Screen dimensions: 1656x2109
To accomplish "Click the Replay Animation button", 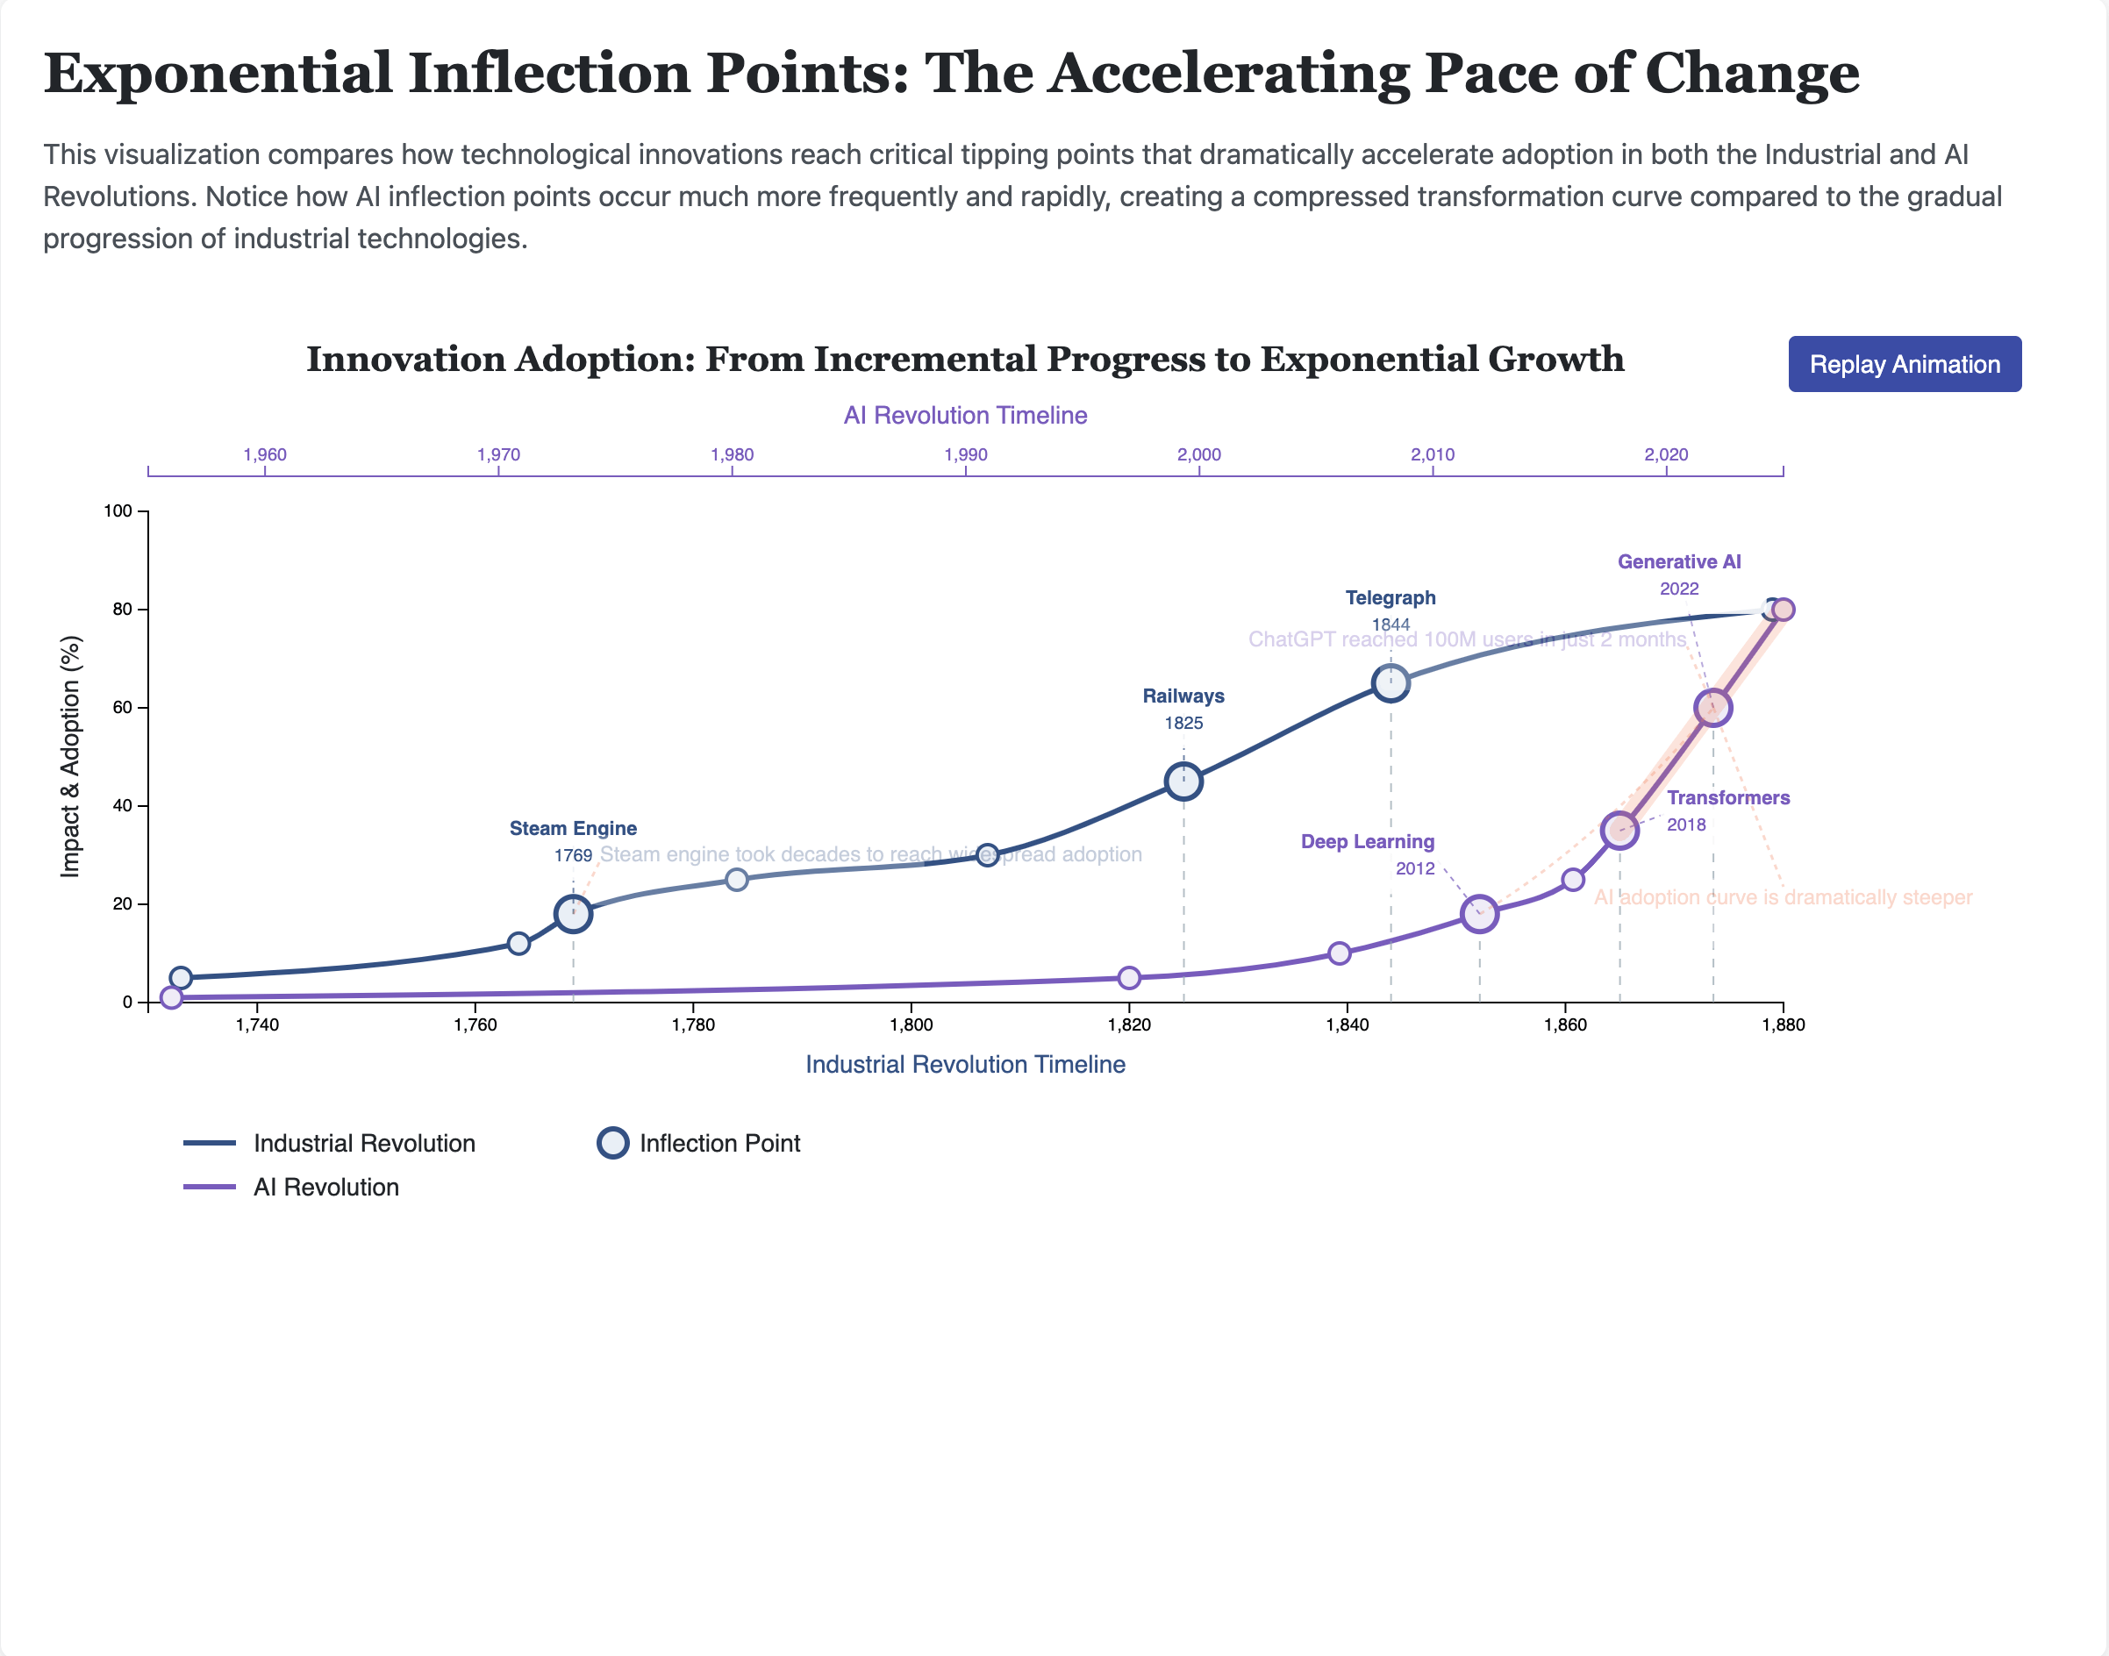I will pos(1904,365).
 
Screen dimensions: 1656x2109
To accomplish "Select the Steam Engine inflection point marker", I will pos(573,913).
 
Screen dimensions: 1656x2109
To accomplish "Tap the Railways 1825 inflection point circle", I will pos(1183,781).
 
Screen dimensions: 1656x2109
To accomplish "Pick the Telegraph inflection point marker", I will pos(1391,682).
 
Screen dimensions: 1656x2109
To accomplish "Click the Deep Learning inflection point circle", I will pos(1479,913).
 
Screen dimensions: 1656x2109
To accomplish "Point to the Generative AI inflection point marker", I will pos(1712,708).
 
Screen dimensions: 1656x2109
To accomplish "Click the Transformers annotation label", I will pos(1728,798).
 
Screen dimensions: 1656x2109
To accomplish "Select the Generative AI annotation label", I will pos(1678,561).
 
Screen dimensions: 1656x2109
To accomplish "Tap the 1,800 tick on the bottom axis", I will pos(911,1024).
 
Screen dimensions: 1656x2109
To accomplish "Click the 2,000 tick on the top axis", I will pos(1198,454).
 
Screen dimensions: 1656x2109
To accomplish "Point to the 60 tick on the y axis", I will pos(122,708).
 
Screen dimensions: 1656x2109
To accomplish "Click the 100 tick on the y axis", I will pos(118,511).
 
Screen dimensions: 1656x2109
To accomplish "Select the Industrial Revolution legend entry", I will pos(363,1143).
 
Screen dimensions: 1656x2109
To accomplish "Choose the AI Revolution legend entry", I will pos(325,1187).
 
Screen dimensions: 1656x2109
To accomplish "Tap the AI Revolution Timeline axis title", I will pos(965,415).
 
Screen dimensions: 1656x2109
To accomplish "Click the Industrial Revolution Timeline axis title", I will pos(965,1065).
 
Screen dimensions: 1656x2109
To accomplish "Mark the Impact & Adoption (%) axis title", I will pos(70,756).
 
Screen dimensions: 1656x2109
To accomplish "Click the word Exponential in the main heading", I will pos(218,74).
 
